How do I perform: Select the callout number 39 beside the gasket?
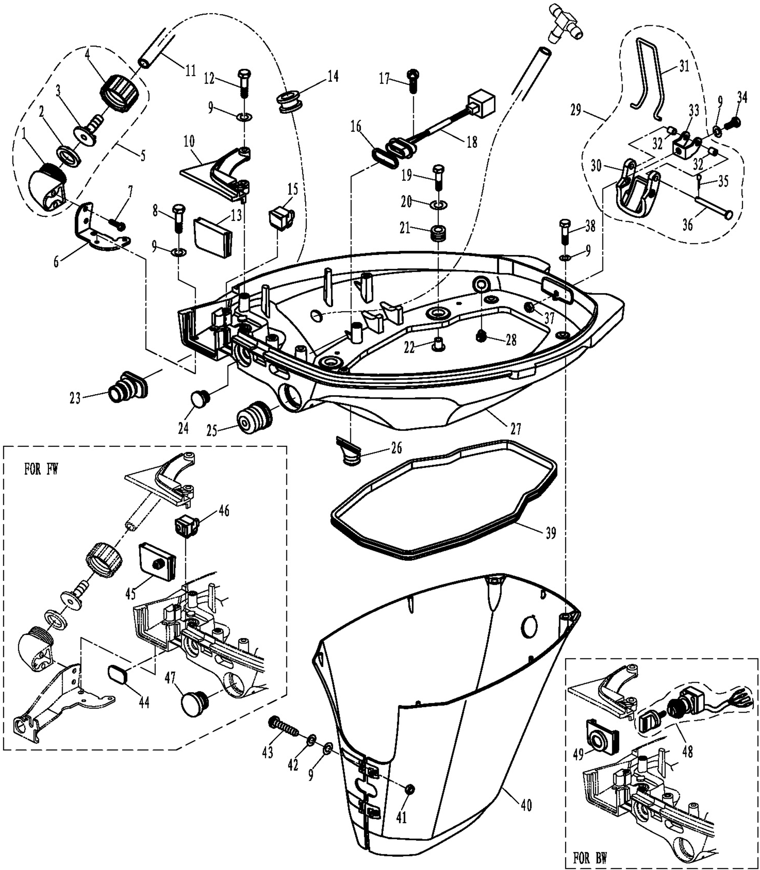pos(551,533)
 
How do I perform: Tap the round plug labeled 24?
pos(200,399)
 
